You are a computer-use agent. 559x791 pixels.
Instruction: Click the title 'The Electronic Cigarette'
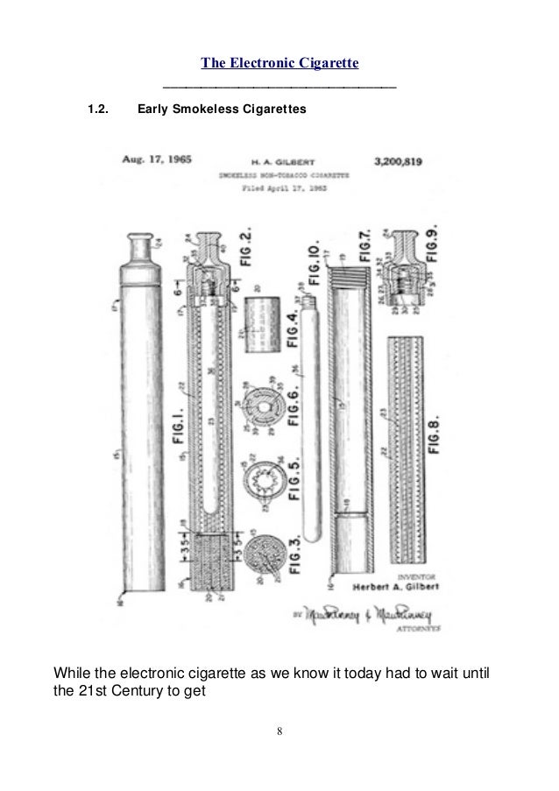click(x=279, y=63)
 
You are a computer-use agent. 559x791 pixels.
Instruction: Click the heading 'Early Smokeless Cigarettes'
click(x=219, y=110)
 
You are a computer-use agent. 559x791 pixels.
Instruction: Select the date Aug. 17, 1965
click(x=157, y=160)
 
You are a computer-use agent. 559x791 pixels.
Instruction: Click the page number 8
click(x=279, y=731)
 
